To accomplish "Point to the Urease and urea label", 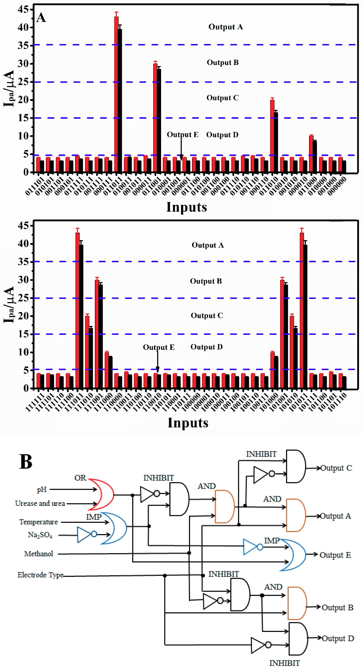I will pyautogui.click(x=40, y=503).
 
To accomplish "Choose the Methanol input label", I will pyautogui.click(x=39, y=554).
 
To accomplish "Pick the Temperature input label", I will pyautogui.click(x=39, y=522).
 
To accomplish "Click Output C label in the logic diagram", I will pyautogui.click(x=336, y=468).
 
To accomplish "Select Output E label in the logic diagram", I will pyautogui.click(x=335, y=555).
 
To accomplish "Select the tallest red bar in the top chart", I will pyautogui.click(x=116, y=93).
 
